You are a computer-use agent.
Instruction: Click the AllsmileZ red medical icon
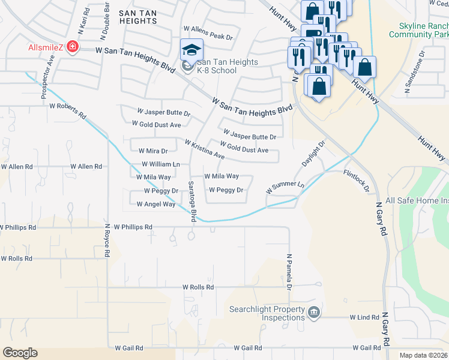point(72,47)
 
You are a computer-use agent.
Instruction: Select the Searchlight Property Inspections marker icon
point(313,313)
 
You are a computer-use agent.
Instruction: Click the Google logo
point(20,353)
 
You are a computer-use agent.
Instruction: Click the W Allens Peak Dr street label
point(208,37)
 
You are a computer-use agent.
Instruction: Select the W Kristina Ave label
point(204,150)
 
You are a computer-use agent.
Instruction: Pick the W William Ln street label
point(160,164)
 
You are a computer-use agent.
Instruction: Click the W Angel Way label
point(155,204)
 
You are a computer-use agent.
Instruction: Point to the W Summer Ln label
point(285,187)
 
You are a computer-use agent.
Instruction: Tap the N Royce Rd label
point(107,241)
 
